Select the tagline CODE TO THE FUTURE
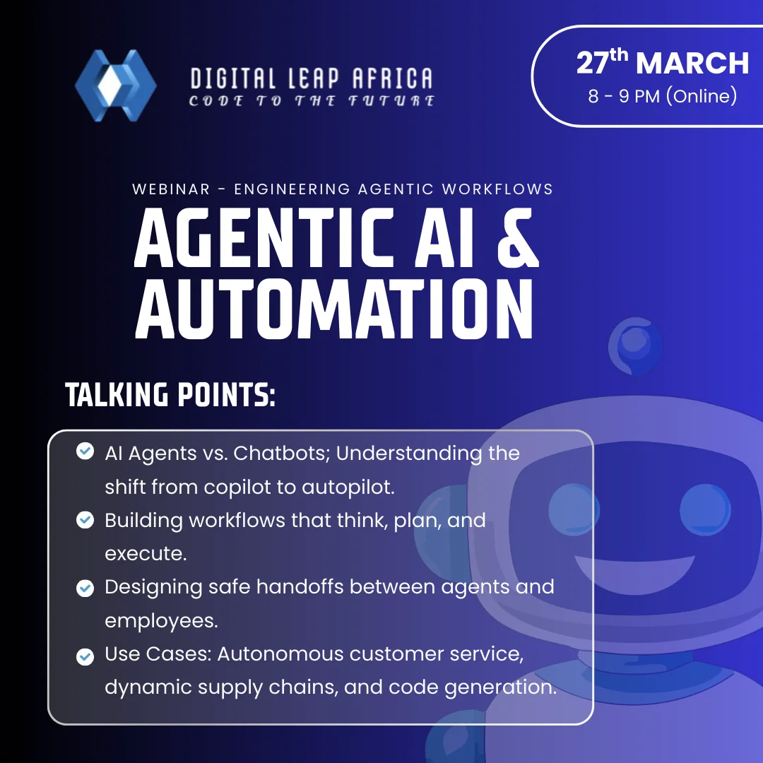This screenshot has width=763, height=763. tap(312, 101)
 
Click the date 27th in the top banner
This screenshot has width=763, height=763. tap(602, 62)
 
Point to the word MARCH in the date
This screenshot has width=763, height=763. tap(692, 64)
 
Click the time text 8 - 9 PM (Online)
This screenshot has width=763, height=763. tap(662, 96)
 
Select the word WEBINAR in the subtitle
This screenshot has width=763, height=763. tap(171, 189)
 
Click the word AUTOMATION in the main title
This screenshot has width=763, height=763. tap(333, 309)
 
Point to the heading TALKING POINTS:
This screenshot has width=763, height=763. tap(170, 396)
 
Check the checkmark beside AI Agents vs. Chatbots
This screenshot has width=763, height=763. tap(85, 451)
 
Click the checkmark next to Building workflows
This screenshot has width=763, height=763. tap(85, 520)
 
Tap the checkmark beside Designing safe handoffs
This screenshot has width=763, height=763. tap(85, 588)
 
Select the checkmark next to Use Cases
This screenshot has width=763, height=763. tap(85, 656)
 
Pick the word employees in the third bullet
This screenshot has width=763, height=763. tap(160, 620)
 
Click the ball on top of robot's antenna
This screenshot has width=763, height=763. tap(634, 343)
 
